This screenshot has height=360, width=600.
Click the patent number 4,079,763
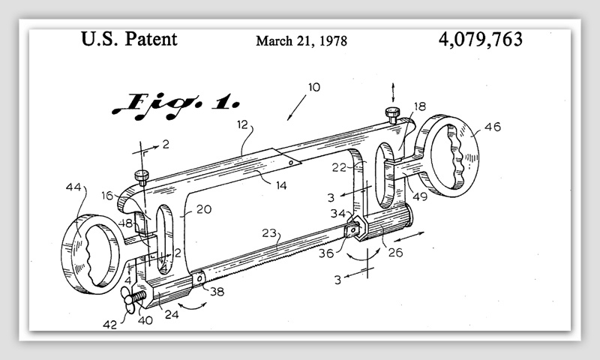click(480, 40)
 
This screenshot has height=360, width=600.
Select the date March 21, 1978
click(301, 40)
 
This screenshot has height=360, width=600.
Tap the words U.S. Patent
click(129, 39)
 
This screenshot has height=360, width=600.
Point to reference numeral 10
click(313, 87)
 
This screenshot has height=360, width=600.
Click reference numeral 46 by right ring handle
click(493, 127)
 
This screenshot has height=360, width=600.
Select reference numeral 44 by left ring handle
click(73, 187)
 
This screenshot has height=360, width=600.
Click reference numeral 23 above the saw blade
click(269, 233)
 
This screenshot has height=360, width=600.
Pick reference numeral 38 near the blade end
click(217, 292)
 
